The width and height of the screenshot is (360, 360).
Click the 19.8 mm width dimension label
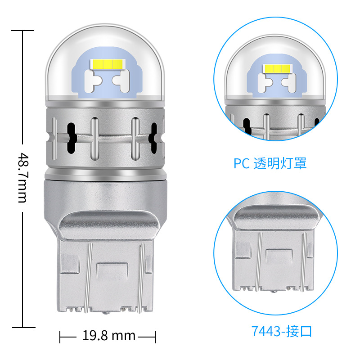(109, 336)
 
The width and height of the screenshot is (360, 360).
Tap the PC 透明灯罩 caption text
(270, 163)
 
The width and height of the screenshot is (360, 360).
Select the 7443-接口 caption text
(282, 332)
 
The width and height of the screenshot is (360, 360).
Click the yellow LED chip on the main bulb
(106, 63)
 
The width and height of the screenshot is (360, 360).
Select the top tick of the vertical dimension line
(22, 31)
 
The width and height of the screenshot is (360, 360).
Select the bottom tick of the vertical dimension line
(22, 327)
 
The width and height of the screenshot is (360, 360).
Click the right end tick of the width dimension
(155, 336)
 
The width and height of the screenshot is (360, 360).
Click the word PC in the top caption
(242, 163)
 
